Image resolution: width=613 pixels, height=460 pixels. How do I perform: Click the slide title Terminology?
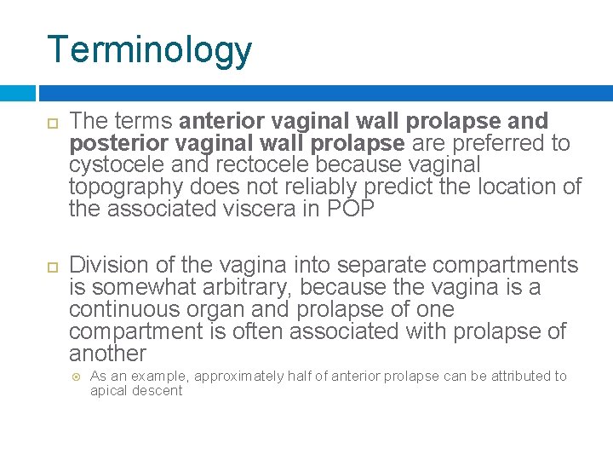[150, 49]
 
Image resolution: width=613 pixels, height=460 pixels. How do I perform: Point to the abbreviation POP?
[350, 210]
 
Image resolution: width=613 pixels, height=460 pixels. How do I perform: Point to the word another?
[107, 354]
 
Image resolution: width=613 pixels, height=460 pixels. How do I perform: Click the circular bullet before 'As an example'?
[75, 377]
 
